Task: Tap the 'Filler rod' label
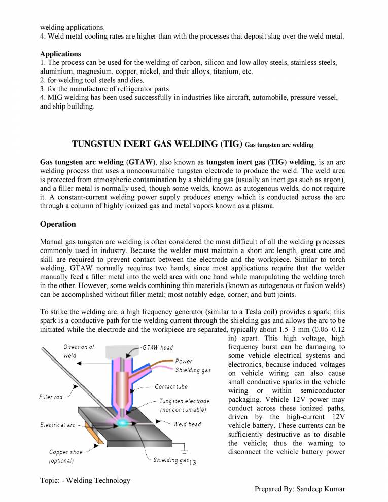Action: click(x=51, y=397)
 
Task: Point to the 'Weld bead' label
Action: click(x=187, y=424)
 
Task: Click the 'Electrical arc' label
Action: click(x=57, y=425)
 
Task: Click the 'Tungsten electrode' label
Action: click(x=184, y=401)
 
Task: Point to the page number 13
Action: click(x=192, y=462)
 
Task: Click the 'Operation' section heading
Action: click(x=58, y=224)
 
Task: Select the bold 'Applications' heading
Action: click(x=60, y=54)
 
